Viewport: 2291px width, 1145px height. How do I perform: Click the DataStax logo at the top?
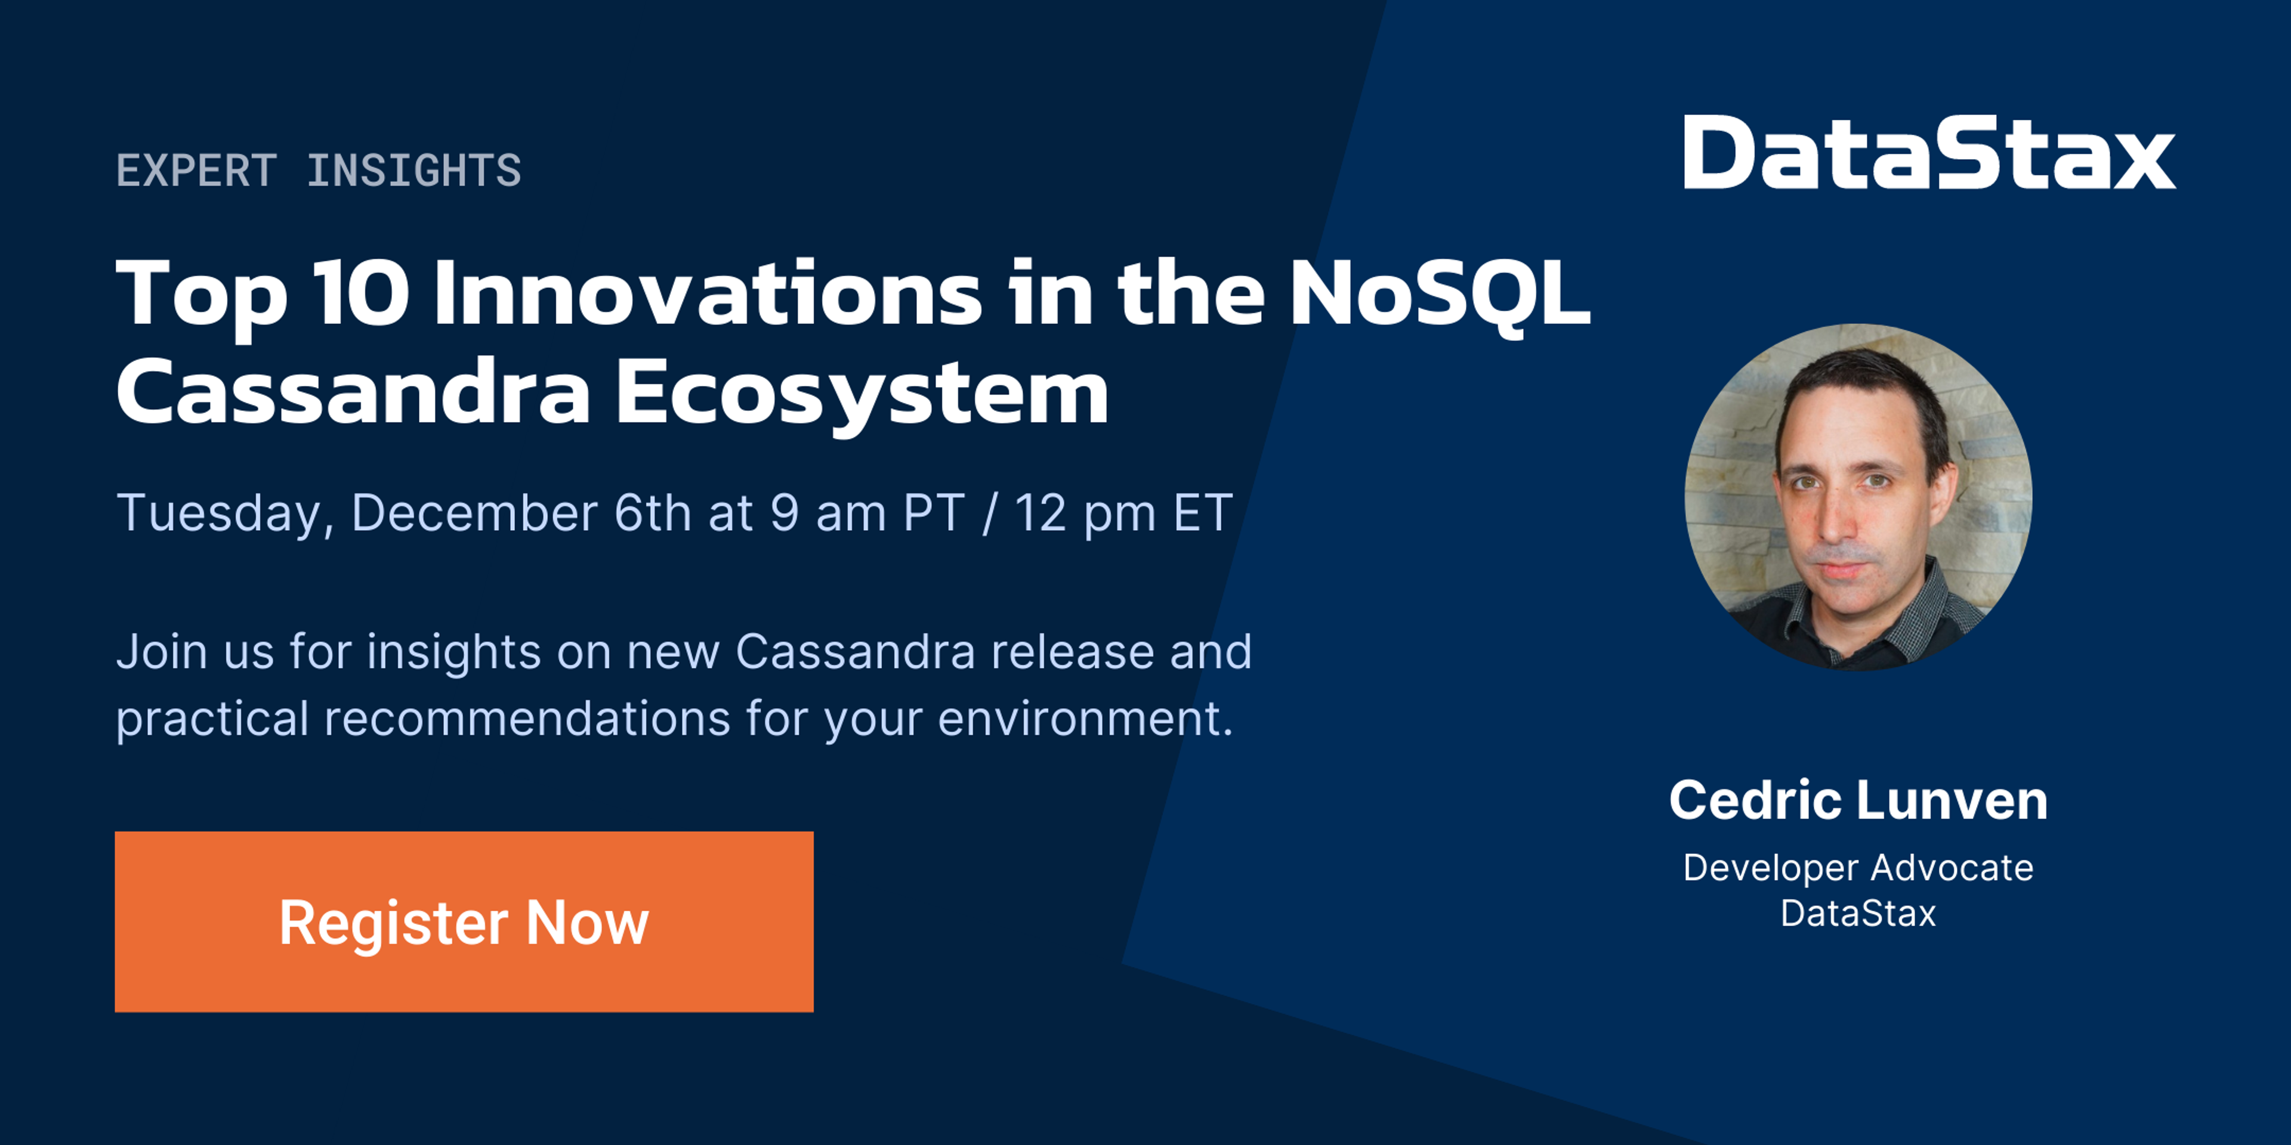coord(1929,152)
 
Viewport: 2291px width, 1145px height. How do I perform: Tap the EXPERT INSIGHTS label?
coord(319,170)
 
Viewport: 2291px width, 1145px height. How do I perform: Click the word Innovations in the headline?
coord(708,293)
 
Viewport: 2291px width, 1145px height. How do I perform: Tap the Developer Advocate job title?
coord(1858,868)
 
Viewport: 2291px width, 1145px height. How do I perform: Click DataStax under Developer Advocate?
coord(1858,914)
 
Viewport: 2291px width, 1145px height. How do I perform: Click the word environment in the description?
coord(1085,718)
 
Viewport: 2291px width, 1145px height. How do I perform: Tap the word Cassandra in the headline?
coord(353,394)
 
